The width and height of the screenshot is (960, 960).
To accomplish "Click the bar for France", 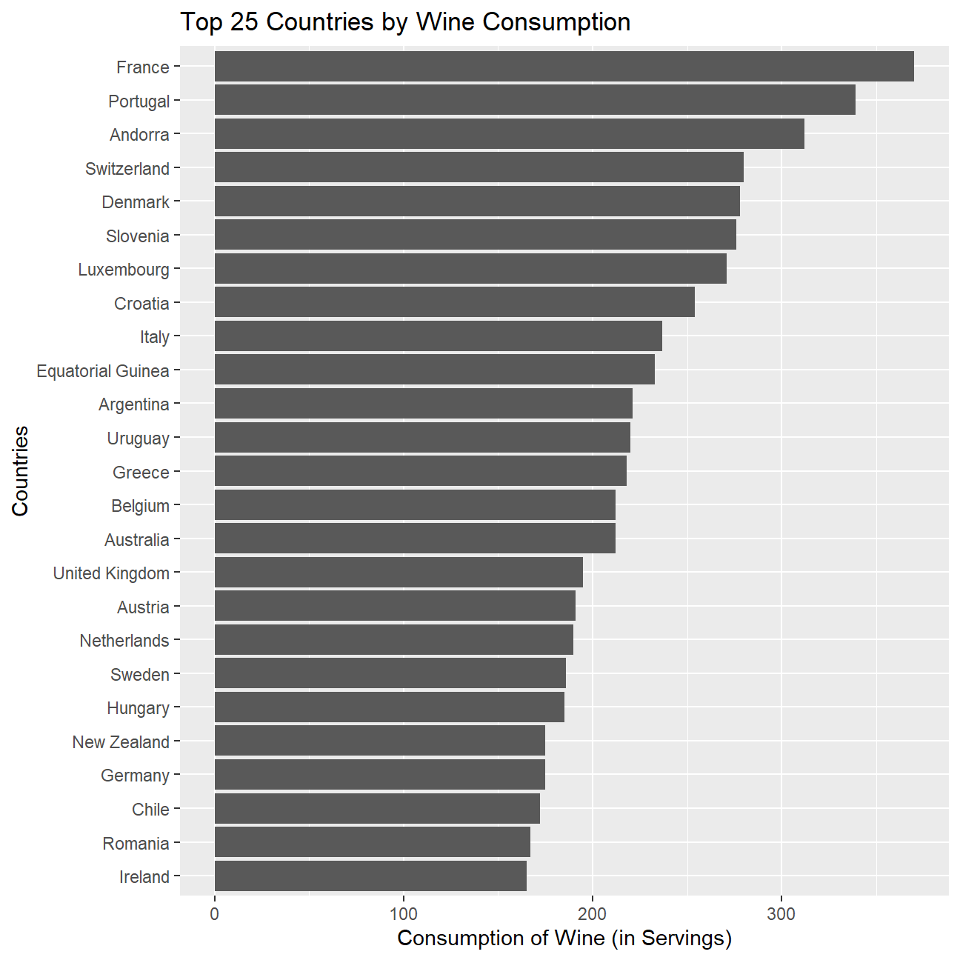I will point(563,67).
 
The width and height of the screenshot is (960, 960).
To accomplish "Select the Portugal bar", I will point(535,100).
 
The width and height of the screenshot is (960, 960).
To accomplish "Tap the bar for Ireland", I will point(370,876).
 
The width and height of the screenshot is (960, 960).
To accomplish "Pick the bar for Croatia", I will point(454,302).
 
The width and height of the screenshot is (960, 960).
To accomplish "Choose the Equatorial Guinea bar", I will point(434,370).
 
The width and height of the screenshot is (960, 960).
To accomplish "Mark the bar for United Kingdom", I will point(399,572).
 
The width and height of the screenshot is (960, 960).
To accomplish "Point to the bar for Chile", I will point(377,809).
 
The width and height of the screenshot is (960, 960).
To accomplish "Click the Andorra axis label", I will point(139,135).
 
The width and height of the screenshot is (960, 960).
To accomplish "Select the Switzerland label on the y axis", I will point(127,169).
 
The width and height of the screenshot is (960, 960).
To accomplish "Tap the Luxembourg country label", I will point(124,270).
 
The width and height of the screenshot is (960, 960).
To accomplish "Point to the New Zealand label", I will point(121,742).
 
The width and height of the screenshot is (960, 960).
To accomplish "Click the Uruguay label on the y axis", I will point(139,439).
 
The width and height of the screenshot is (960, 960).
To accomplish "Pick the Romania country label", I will point(136,844).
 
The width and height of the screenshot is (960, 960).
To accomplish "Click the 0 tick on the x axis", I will point(215,914).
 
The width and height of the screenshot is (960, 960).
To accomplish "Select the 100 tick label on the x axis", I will point(404,914).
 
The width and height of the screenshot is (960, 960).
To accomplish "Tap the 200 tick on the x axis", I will point(593,914).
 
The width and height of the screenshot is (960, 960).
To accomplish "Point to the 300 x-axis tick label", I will point(781,914).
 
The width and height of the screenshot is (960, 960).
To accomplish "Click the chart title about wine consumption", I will point(405,22).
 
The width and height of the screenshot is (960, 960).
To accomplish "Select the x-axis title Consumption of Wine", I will point(564,939).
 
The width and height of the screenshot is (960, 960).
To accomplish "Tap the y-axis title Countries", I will point(20,471).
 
